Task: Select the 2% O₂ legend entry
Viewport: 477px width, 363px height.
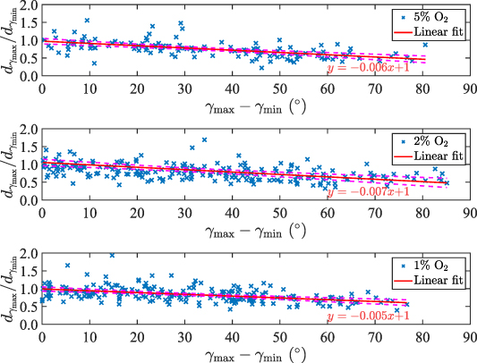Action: tap(438, 141)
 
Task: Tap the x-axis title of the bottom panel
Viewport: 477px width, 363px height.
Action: tap(254, 352)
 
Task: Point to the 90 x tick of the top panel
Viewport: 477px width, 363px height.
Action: tap(464, 89)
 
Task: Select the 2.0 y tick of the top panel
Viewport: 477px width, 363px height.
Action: tap(26, 7)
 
